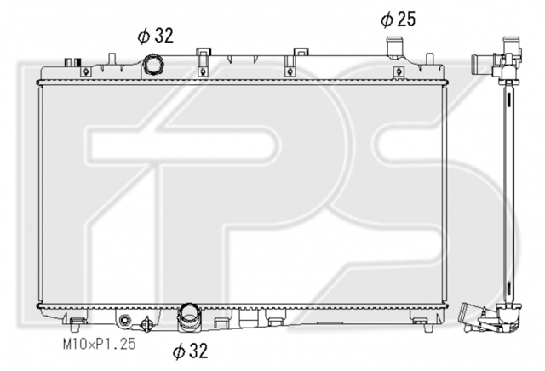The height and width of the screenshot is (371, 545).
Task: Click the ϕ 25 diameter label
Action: [x=399, y=19]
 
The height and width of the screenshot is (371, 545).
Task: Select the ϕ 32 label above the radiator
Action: [x=155, y=36]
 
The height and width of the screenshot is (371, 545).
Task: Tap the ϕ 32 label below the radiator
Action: [x=190, y=351]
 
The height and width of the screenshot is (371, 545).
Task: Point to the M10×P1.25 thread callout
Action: [x=99, y=344]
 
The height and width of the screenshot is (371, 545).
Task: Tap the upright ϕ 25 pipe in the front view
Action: [x=393, y=46]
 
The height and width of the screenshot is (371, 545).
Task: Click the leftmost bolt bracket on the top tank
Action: [x=85, y=72]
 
